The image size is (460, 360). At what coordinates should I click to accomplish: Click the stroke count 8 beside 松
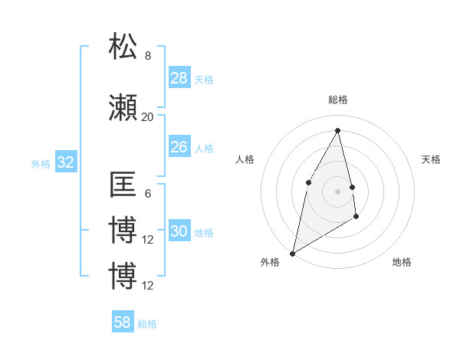(x=148, y=56)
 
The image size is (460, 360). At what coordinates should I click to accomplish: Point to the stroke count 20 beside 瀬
(x=147, y=116)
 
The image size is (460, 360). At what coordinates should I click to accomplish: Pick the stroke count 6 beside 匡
(x=148, y=194)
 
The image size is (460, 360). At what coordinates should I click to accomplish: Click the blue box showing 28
(x=179, y=78)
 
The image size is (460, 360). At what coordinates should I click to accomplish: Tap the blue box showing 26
(x=179, y=147)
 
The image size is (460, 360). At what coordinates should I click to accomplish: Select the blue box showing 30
(x=179, y=232)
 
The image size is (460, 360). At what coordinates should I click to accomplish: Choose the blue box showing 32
(x=65, y=162)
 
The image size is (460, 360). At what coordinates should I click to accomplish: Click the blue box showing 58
(x=123, y=322)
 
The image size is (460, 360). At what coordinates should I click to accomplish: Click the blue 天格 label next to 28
(x=204, y=79)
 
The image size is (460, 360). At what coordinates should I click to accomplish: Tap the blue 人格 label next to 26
(x=204, y=148)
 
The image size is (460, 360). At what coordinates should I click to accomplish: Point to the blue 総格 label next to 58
(x=147, y=323)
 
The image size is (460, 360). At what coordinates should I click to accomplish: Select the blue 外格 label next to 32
(x=41, y=163)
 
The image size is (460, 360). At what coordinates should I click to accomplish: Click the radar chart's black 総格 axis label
(x=338, y=100)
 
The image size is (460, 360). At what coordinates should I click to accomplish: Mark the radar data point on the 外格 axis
(x=292, y=253)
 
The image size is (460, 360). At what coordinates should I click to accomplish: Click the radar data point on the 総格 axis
(x=338, y=130)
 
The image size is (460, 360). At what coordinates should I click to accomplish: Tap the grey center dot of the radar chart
(x=338, y=191)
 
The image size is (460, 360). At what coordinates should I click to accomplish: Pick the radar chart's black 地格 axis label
(x=402, y=262)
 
